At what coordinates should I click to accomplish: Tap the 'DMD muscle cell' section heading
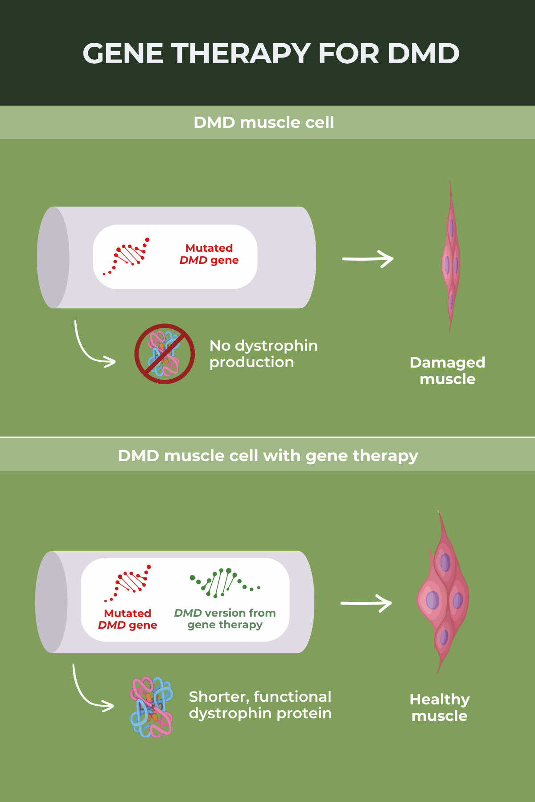(x=263, y=123)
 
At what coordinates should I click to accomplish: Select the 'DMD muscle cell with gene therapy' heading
(x=268, y=456)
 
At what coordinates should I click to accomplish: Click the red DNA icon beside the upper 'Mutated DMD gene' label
(x=128, y=256)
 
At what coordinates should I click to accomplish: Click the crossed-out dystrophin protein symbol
(x=165, y=354)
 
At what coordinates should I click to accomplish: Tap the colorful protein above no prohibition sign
(x=152, y=707)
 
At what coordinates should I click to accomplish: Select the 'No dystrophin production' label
(x=263, y=354)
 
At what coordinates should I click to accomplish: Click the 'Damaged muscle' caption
(x=447, y=371)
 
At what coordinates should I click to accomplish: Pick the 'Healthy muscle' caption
(x=440, y=708)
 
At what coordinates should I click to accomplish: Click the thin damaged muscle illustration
(x=451, y=258)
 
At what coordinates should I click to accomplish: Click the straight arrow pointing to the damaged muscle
(x=368, y=259)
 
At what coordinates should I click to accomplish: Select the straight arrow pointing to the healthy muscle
(x=366, y=603)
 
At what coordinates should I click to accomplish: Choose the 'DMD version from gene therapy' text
(x=225, y=619)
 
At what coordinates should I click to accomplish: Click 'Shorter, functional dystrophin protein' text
(x=260, y=705)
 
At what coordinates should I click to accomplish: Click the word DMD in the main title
(x=423, y=53)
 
